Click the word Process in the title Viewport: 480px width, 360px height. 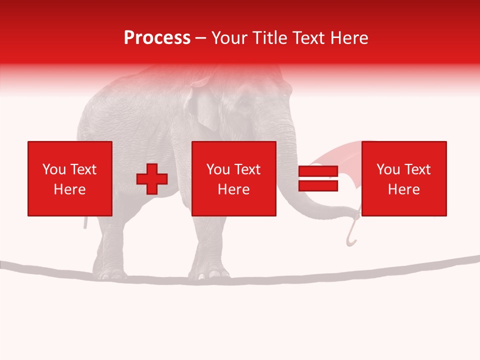click(x=157, y=38)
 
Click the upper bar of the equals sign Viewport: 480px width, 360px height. click(x=318, y=171)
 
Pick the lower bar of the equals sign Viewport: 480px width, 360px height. click(x=318, y=186)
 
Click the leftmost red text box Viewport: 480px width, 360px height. click(x=70, y=178)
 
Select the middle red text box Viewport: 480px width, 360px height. click(x=234, y=178)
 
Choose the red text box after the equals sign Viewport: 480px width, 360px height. click(x=404, y=178)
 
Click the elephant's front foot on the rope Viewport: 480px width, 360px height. click(x=210, y=272)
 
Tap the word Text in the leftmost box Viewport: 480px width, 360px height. click(x=84, y=169)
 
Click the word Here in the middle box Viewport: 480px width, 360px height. click(x=234, y=189)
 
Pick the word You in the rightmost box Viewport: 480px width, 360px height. click(x=388, y=169)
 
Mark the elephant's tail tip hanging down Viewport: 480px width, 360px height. click(x=85, y=222)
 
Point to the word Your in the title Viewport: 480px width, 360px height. click(x=230, y=38)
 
